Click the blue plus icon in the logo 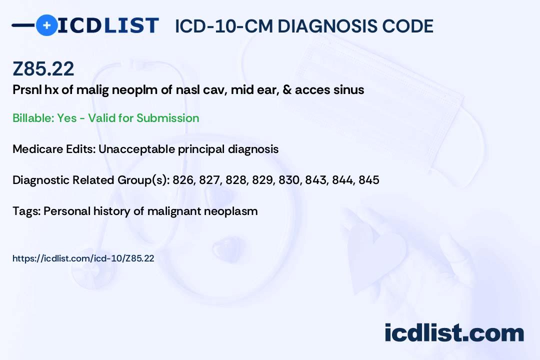coord(46,25)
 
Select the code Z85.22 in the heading coord(43,69)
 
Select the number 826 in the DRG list coord(183,180)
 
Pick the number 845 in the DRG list coord(368,180)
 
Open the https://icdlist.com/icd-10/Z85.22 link coord(83,258)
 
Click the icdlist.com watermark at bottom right coord(454,332)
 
